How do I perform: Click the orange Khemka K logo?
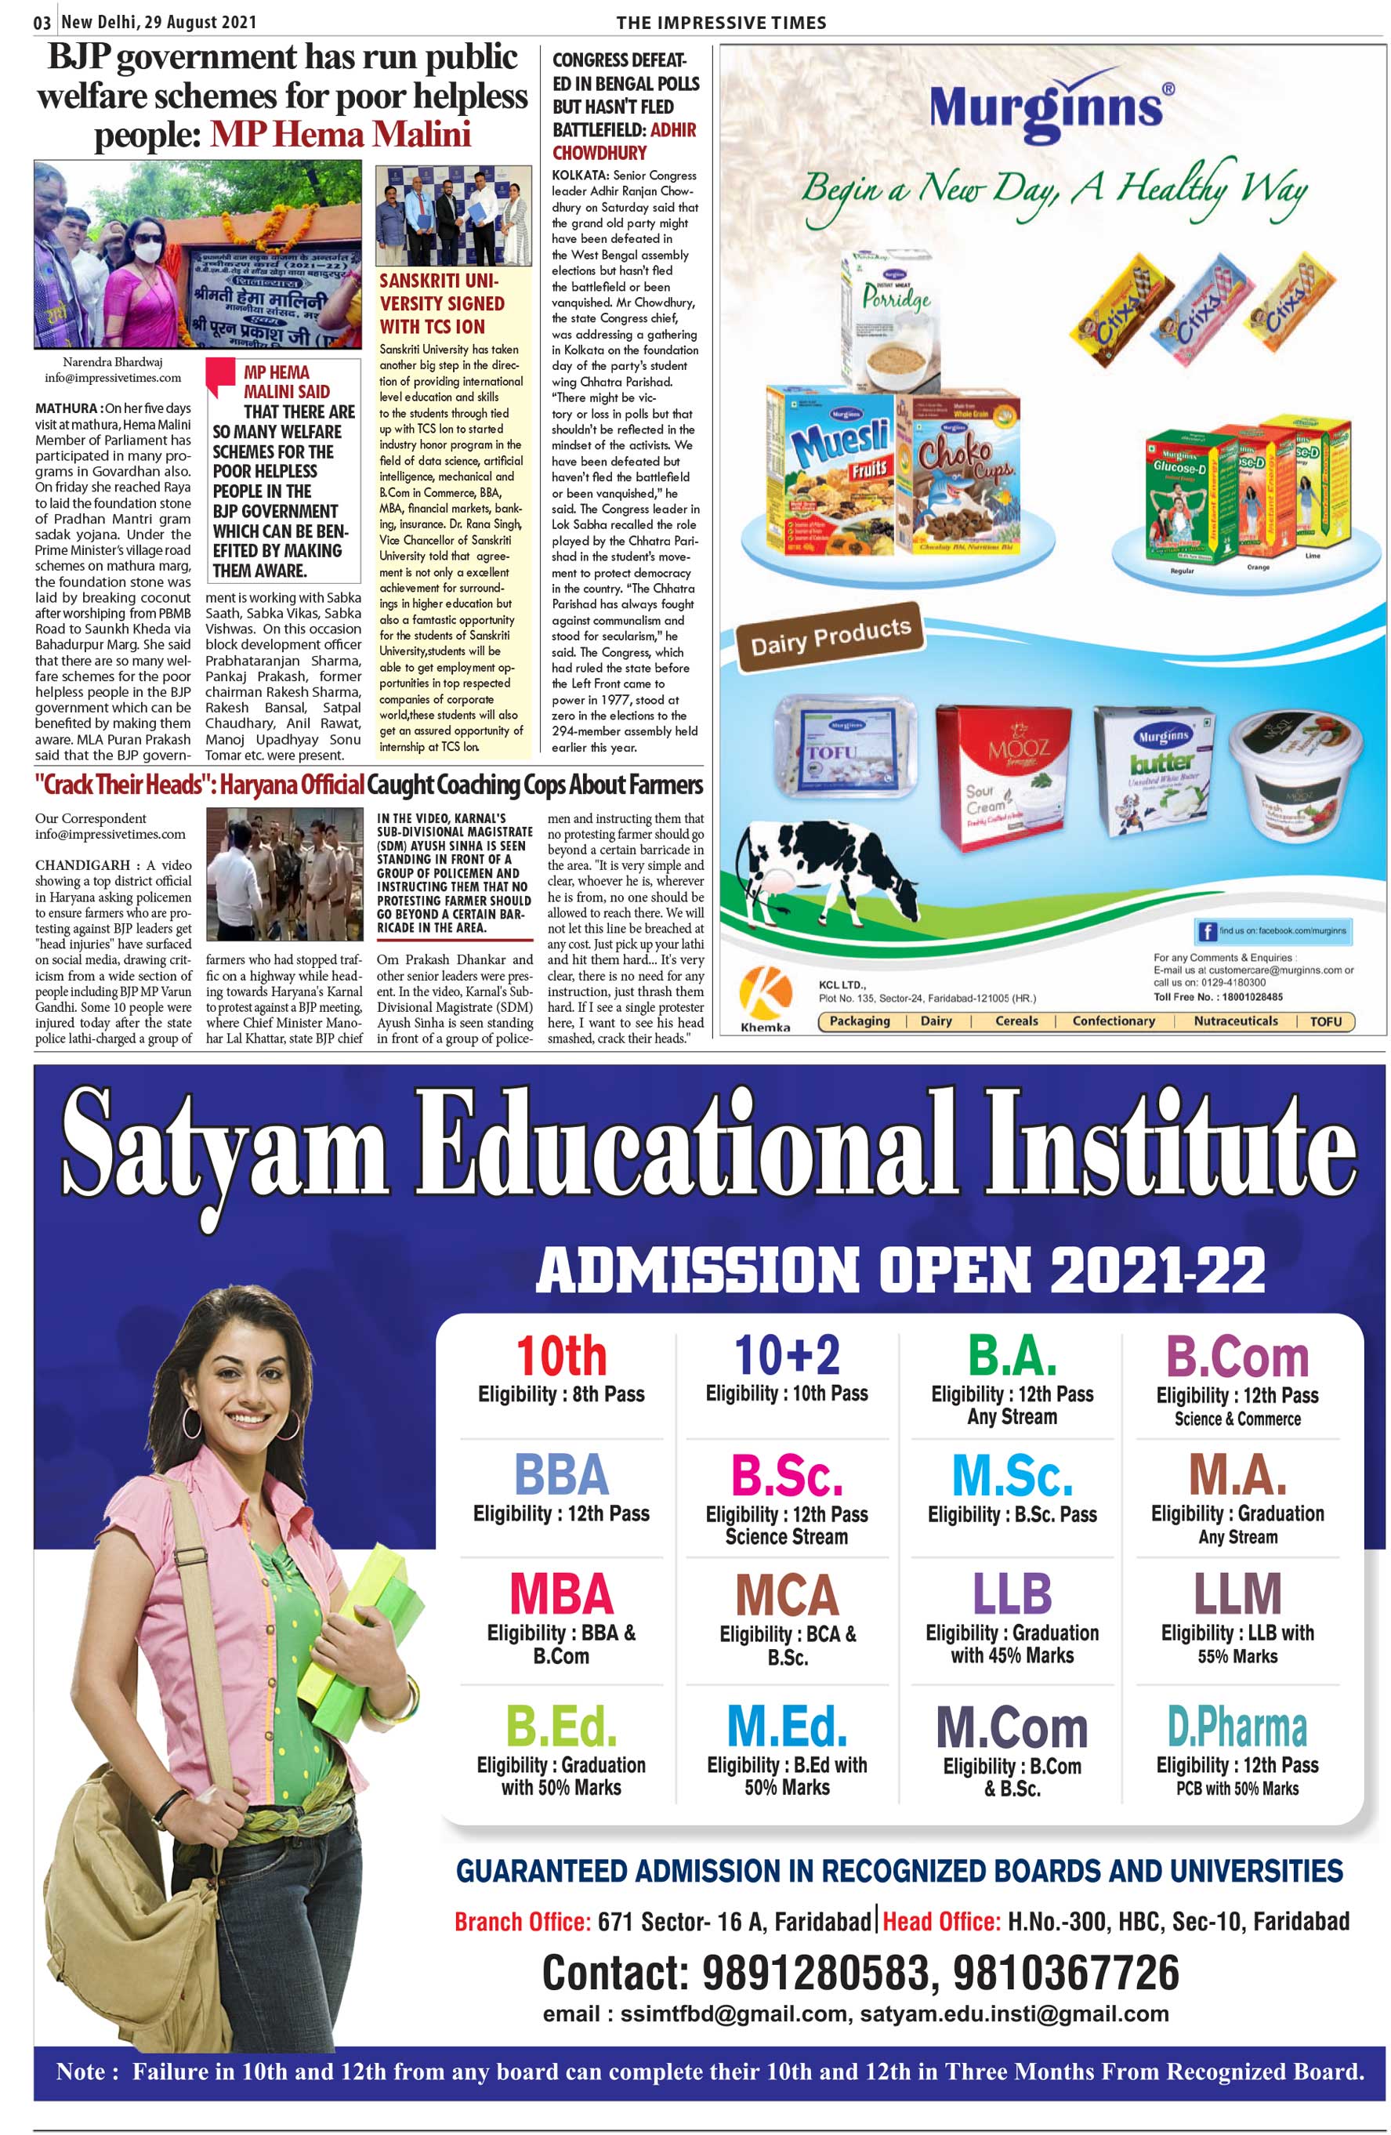[x=764, y=991]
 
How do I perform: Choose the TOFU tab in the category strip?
[x=1324, y=1020]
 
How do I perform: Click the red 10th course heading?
[x=560, y=1354]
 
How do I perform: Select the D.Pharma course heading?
[x=1236, y=1726]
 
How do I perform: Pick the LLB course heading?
[x=1011, y=1593]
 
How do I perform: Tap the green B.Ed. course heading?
[x=560, y=1725]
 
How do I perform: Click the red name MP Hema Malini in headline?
[x=340, y=135]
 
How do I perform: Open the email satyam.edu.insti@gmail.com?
[x=1013, y=2014]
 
